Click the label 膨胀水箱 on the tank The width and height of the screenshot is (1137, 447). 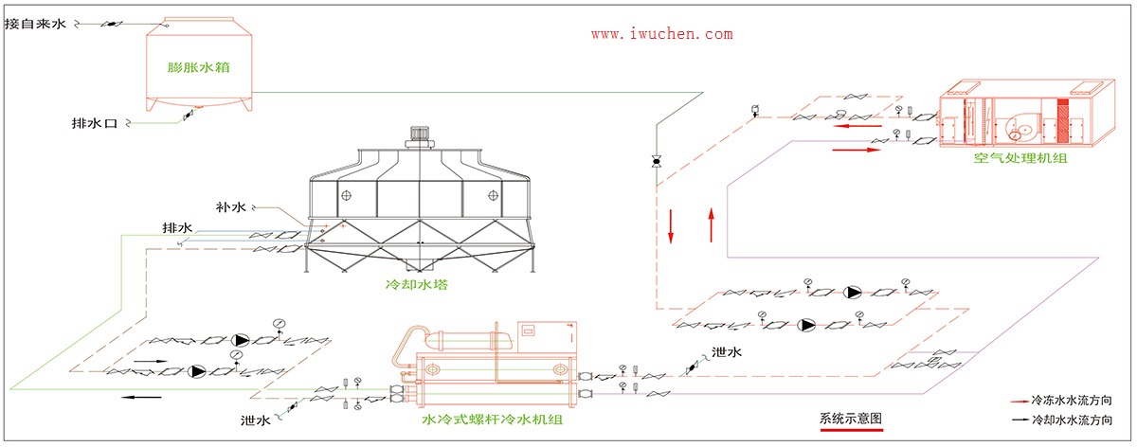point(200,68)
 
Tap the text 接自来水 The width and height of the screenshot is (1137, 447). point(35,23)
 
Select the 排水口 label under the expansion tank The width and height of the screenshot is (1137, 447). point(95,123)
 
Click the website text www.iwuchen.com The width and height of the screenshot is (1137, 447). point(661,33)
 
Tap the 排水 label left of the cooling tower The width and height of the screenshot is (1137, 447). point(177,228)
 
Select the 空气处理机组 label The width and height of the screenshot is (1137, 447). point(1020,158)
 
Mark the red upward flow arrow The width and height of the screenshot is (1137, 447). point(711,227)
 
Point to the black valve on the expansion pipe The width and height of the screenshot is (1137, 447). point(655,162)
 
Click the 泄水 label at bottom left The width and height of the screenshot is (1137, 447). point(256,419)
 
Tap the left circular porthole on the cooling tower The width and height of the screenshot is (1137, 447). point(347,196)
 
